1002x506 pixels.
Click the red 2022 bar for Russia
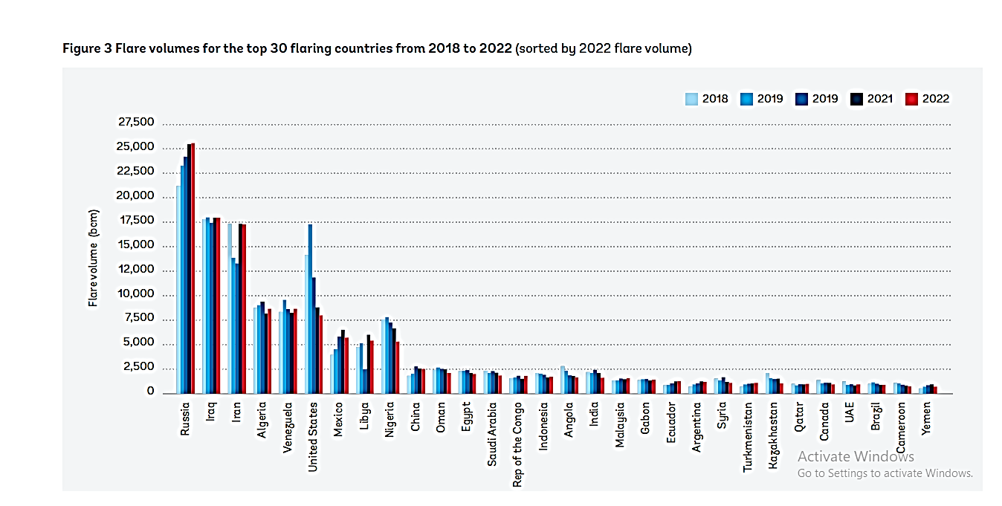click(193, 267)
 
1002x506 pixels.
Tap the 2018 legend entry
click(707, 99)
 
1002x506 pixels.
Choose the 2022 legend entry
click(928, 99)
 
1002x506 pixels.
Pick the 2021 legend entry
click(871, 99)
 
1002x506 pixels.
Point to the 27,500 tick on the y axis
click(136, 123)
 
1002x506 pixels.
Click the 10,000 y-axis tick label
click(136, 295)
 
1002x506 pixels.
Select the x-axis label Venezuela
click(288, 429)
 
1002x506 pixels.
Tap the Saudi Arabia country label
click(492, 435)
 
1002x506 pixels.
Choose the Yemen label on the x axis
click(925, 421)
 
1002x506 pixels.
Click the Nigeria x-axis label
click(390, 421)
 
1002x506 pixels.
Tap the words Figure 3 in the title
click(87, 49)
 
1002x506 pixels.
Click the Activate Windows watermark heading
click(856, 456)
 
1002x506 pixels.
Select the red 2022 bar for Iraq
click(218, 305)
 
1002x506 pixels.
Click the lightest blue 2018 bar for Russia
click(178, 289)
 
